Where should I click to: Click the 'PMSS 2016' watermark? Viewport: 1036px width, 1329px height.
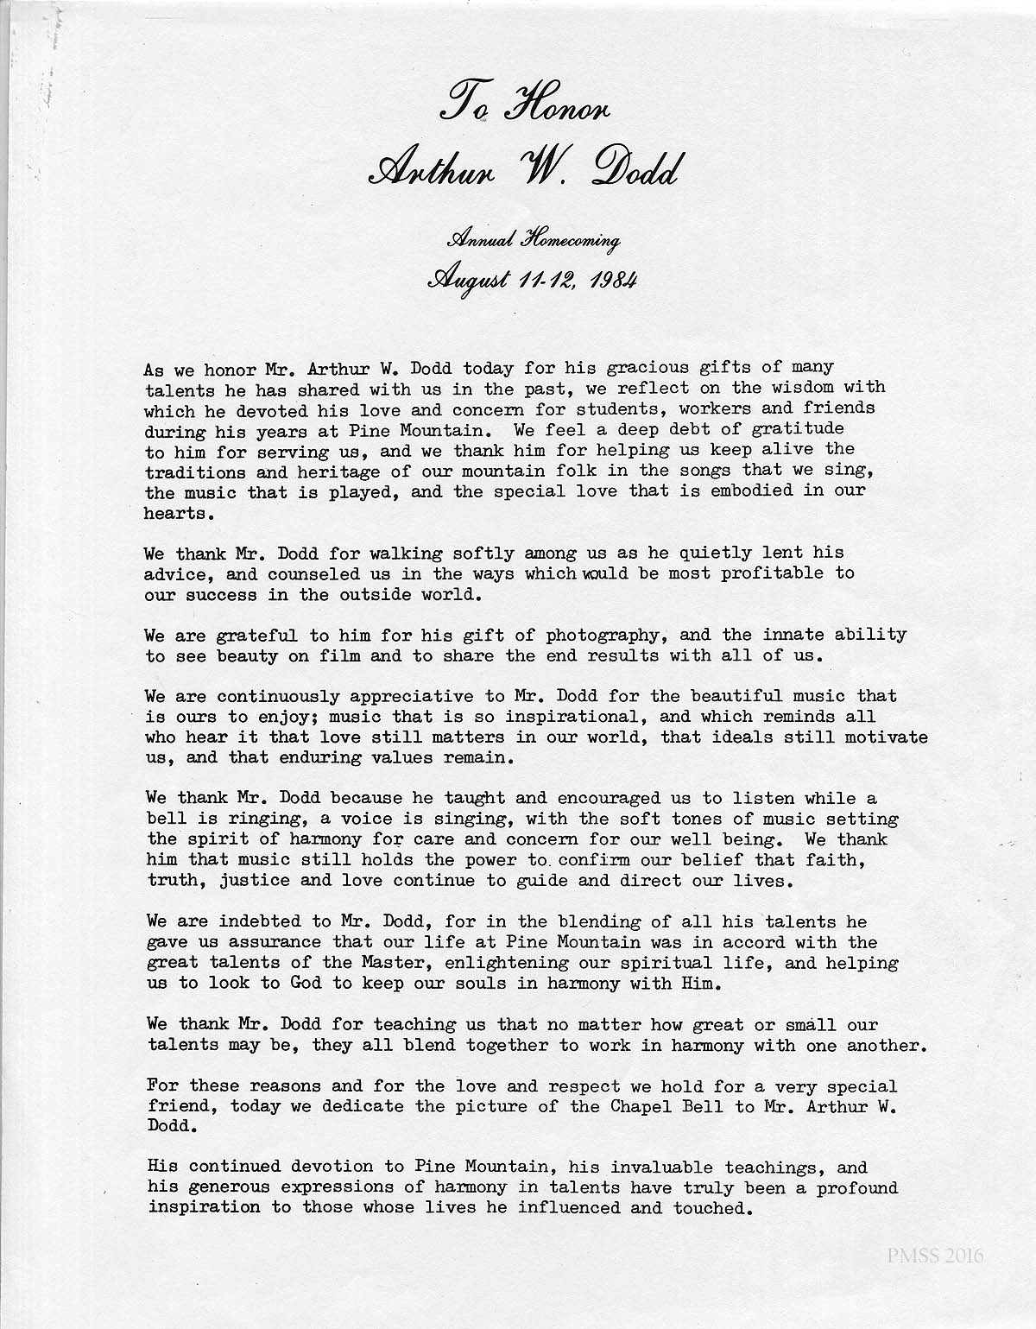pyautogui.click(x=934, y=1255)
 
